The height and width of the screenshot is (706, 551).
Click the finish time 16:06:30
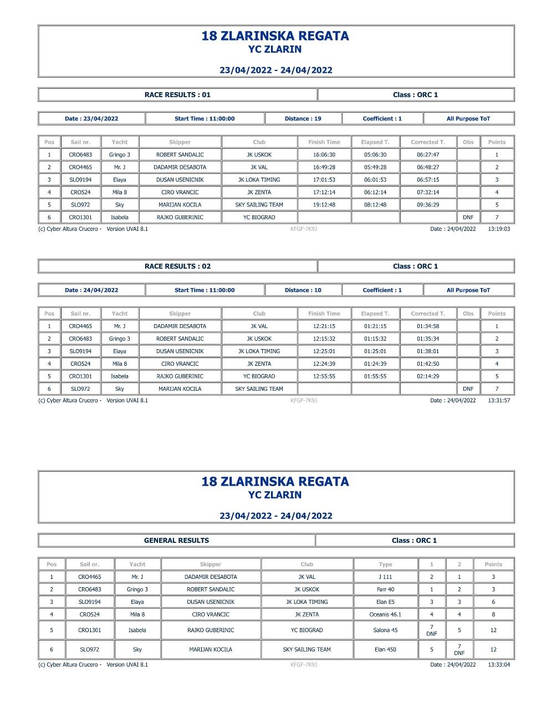click(324, 155)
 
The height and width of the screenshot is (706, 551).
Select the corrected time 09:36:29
click(427, 205)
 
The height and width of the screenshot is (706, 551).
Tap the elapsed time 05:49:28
click(375, 167)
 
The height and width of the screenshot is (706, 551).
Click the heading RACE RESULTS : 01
click(177, 95)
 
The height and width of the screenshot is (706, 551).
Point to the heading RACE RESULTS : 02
click(177, 266)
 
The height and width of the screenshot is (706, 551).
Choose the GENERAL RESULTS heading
click(176, 541)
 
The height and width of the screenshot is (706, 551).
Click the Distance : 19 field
click(303, 119)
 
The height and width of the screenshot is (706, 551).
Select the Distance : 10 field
click(303, 290)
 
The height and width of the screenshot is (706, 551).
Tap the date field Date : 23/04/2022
click(91, 119)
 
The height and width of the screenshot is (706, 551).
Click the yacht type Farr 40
click(385, 589)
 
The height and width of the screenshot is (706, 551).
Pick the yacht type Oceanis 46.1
click(385, 614)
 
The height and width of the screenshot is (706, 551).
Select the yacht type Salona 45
click(385, 631)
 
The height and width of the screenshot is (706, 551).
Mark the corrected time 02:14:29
click(427, 376)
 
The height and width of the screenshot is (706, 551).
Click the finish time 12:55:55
click(324, 376)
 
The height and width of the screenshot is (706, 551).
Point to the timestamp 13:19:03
click(499, 229)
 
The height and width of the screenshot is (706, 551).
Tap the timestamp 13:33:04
click(499, 664)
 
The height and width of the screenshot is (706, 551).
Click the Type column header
click(385, 564)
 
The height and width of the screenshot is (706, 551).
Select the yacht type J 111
click(385, 577)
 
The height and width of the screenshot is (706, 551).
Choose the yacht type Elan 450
click(385, 649)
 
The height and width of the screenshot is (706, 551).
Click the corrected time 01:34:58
click(427, 326)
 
